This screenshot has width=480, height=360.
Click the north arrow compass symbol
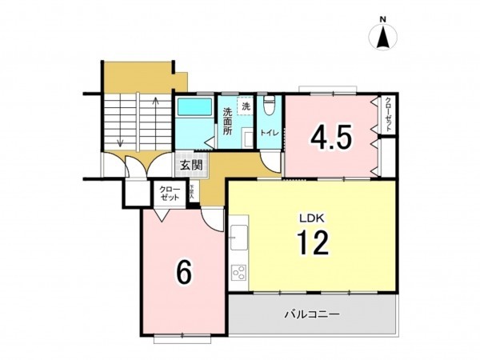pyautogui.click(x=383, y=38)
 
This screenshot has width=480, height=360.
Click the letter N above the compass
pyautogui.click(x=383, y=19)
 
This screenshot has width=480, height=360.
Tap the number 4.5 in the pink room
pyautogui.click(x=331, y=138)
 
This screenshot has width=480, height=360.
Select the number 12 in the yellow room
pyautogui.click(x=313, y=242)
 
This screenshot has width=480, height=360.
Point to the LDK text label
pyautogui.click(x=311, y=216)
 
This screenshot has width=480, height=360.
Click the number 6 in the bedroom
pyautogui.click(x=183, y=274)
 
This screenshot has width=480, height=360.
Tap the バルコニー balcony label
pyautogui.click(x=312, y=314)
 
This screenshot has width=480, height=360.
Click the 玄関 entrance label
pyautogui.click(x=190, y=166)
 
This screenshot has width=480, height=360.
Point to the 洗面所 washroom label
pyautogui.click(x=228, y=122)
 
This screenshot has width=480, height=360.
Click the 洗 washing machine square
pyautogui.click(x=246, y=106)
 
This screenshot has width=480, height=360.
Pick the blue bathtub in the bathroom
pyautogui.click(x=194, y=107)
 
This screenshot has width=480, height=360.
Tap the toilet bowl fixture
pyautogui.click(x=270, y=103)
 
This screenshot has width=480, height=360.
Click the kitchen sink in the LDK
pyautogui.click(x=238, y=236)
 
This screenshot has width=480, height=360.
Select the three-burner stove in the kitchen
pyautogui.click(x=238, y=273)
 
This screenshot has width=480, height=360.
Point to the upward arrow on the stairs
pyautogui.click(x=153, y=112)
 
